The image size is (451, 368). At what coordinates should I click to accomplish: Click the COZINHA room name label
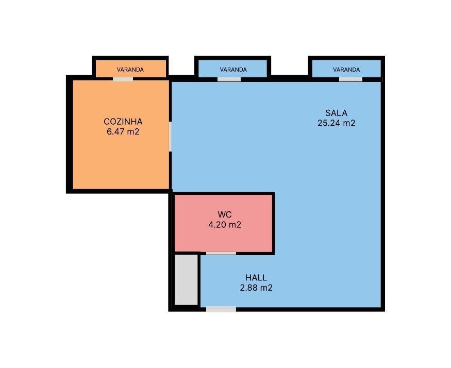pos(123,122)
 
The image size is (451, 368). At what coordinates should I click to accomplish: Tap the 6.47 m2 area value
pos(123,131)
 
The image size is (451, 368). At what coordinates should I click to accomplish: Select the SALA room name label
pos(336,113)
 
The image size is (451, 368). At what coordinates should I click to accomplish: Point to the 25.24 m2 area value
pos(336,123)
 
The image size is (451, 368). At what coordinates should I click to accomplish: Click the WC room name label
pos(225,214)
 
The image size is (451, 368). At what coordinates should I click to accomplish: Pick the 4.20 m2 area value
pos(225,224)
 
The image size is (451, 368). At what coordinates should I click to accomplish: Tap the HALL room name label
pos(256,277)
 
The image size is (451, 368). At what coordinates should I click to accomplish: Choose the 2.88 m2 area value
pos(256,288)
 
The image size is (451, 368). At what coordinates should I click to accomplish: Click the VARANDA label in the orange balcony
pos(130,70)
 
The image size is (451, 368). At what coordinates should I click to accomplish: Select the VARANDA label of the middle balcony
pos(233,70)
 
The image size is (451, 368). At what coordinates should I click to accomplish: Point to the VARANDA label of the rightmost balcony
pos(346,70)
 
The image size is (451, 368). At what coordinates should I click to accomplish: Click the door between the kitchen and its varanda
pos(123,79)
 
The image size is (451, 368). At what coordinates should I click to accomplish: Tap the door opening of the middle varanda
pos(229,79)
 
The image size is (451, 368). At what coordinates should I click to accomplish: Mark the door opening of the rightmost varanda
pos(350,79)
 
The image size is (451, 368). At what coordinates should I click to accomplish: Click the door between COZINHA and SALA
pos(170,137)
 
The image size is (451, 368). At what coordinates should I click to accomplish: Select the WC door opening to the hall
pos(221,253)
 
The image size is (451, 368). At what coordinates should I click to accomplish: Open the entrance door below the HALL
pos(221,309)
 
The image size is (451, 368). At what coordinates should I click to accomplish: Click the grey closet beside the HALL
pos(186,280)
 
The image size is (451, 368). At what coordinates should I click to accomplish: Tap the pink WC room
pos(224,223)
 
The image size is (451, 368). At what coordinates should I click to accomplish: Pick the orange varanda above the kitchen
pos(131,69)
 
